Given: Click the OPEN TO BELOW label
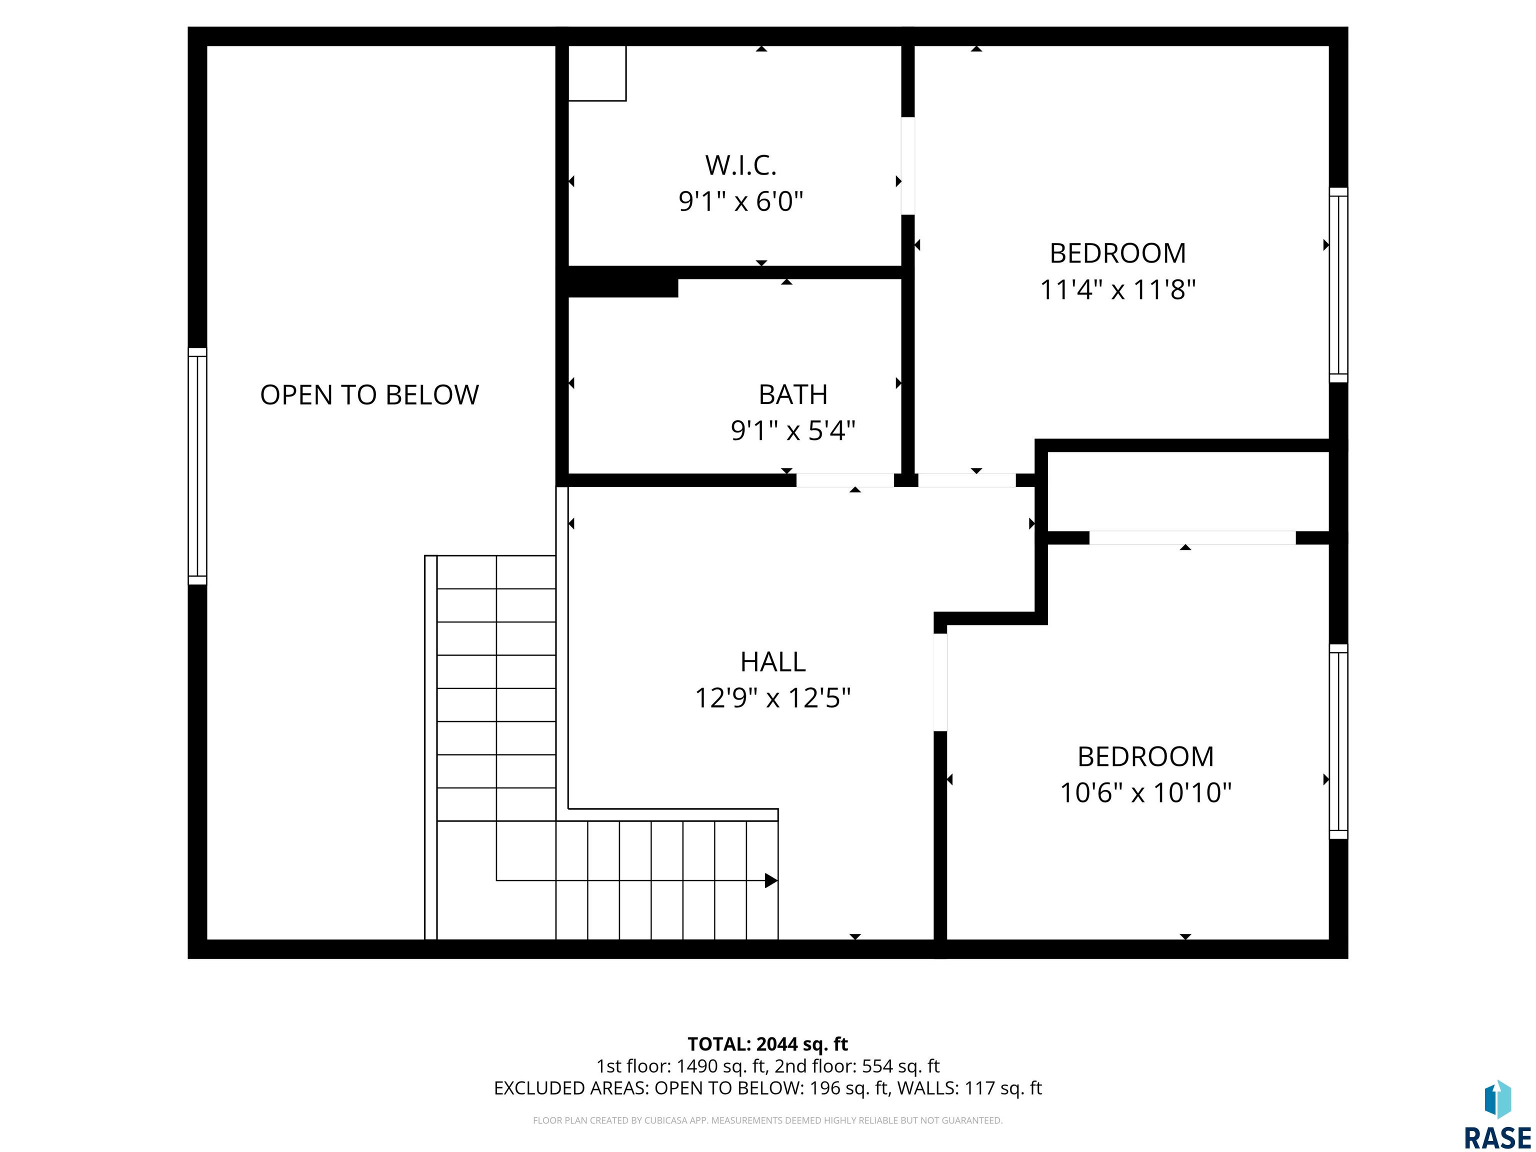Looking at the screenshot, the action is pos(369,395).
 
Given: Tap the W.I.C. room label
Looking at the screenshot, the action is pos(741,165).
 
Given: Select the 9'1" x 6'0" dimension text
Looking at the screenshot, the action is pos(741,201).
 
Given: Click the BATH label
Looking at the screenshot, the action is pos(793,394).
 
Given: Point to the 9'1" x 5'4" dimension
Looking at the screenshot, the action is pos(793,430).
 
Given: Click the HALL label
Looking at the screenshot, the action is pos(773,662).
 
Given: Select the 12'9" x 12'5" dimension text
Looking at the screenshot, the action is pos(773,698).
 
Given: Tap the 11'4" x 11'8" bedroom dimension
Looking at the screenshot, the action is pos(1118,289).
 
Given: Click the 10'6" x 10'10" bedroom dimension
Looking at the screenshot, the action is pos(1146,792).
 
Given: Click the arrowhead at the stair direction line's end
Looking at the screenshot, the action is pos(771,880).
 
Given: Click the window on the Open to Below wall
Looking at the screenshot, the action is pos(197,466).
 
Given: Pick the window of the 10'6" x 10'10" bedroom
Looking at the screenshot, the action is pos(1339,741).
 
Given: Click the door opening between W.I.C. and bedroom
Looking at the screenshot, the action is pos(907,166).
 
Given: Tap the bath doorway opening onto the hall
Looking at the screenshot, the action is pos(845,480).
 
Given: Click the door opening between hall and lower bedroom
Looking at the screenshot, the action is pos(940,682).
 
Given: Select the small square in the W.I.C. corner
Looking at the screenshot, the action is pos(597,73).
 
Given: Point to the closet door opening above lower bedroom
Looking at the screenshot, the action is pos(1192,537).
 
